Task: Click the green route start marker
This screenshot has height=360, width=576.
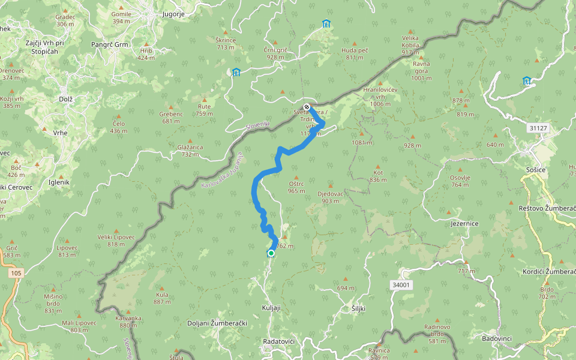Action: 271,254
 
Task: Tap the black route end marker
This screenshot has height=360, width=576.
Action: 307,107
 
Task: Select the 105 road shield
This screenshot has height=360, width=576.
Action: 17,273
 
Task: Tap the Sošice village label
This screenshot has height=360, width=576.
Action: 535,170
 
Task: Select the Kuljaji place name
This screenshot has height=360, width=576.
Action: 271,307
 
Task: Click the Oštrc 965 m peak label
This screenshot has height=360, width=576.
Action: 296,188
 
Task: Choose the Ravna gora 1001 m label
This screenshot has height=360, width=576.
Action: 422,70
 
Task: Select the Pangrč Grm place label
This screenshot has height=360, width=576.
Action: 110,44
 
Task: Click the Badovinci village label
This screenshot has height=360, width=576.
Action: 497,338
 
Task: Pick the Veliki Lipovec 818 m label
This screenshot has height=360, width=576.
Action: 116,240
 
